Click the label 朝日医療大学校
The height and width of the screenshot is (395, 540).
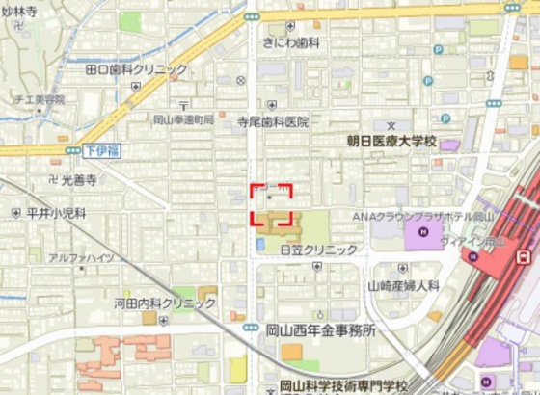point(392,141)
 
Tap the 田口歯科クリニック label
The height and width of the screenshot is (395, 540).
point(136,69)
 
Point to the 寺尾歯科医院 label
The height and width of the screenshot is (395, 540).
point(274,122)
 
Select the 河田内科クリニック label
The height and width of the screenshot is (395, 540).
point(164,303)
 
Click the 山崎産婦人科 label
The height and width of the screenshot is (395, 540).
point(403,286)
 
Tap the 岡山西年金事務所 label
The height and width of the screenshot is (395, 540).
point(320,329)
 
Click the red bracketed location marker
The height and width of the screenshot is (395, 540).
point(272,204)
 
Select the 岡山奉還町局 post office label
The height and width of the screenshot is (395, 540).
point(183,120)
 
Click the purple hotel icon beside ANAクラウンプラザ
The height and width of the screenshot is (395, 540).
point(421,231)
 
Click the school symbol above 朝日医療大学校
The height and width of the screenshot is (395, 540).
point(391,126)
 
